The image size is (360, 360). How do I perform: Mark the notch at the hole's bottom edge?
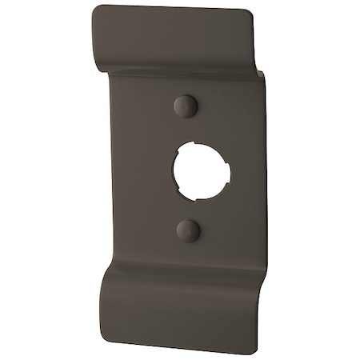[x=192, y=192]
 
